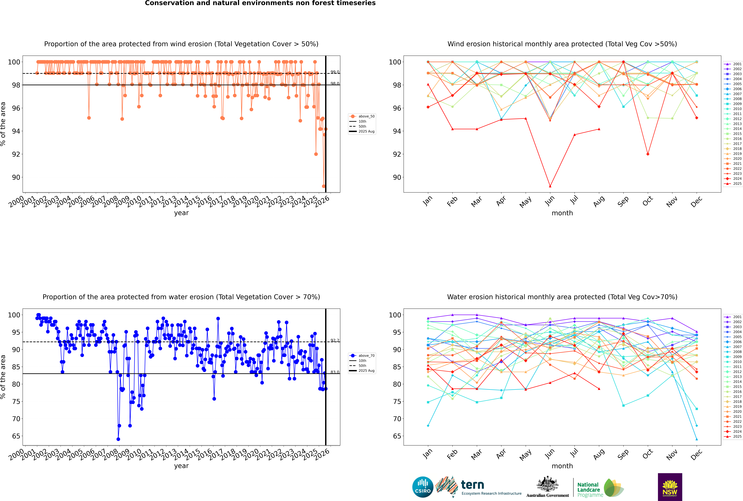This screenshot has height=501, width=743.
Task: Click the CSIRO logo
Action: (x=423, y=487)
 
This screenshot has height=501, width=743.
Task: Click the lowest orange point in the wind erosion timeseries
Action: (x=324, y=186)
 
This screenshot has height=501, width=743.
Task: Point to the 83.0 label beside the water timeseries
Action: (x=335, y=372)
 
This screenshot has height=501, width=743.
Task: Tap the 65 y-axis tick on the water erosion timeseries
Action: (x=16, y=436)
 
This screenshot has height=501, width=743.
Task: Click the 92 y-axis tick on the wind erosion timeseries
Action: (x=16, y=154)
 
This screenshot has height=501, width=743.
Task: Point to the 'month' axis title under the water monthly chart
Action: (x=562, y=466)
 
